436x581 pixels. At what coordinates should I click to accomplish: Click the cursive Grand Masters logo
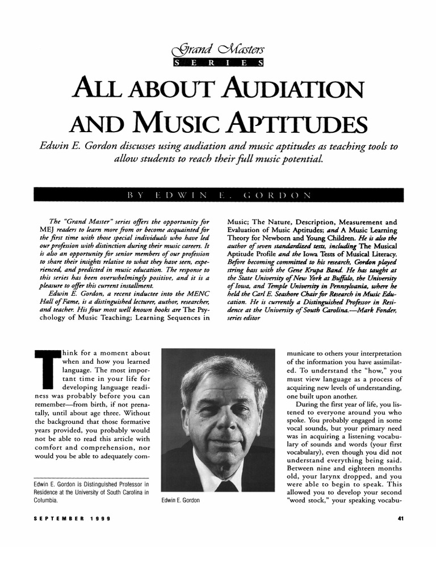tap(219, 51)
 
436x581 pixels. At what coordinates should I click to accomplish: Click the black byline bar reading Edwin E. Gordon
tap(218, 194)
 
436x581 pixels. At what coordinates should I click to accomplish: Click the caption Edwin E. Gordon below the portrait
tap(181, 500)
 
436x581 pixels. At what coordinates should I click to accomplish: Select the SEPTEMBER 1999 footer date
tap(72, 519)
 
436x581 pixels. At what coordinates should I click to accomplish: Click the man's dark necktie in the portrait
tap(227, 486)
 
